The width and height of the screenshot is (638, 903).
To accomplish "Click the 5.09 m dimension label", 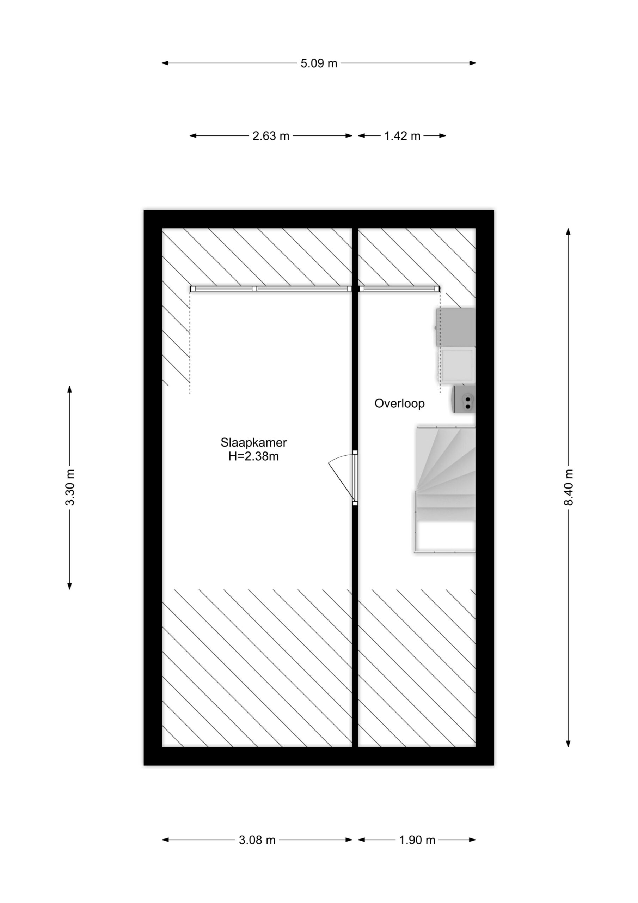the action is (x=319, y=63).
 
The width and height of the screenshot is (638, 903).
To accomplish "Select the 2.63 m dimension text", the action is (x=271, y=136).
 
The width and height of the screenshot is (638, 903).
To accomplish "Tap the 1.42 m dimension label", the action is (x=402, y=136).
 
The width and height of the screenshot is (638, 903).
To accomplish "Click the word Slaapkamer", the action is (x=253, y=442).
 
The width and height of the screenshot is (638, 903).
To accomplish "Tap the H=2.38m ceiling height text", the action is (x=253, y=456).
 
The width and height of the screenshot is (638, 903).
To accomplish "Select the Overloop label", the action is (x=399, y=404).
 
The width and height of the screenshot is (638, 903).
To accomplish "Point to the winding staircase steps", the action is (x=446, y=469).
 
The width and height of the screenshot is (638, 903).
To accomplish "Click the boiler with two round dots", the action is (x=464, y=399).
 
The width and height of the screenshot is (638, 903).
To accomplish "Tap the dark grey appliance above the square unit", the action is (x=456, y=327).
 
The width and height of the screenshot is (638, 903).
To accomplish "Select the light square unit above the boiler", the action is (x=458, y=365).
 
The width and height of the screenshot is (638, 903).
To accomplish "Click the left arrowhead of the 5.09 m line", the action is (x=165, y=63).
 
